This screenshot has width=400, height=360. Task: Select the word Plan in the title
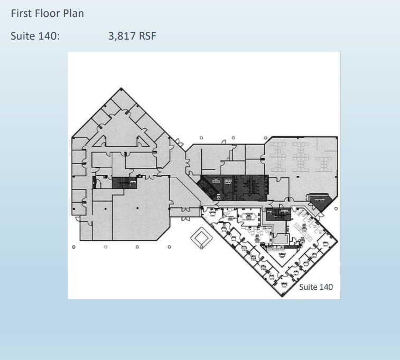[74, 14]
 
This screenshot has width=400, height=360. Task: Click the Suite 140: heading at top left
[35, 36]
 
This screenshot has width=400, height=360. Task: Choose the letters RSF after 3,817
[147, 36]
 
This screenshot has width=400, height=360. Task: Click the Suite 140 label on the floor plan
[316, 287]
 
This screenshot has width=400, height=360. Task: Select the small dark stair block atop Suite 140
[278, 214]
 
